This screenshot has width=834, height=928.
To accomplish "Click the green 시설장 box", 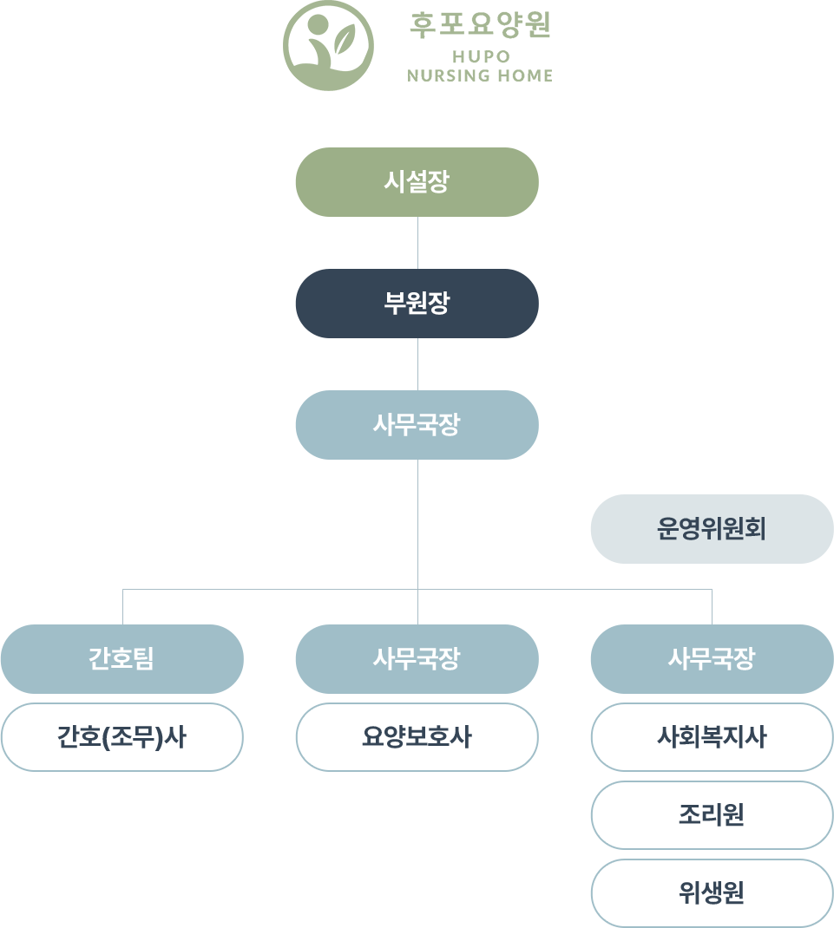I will (x=417, y=182).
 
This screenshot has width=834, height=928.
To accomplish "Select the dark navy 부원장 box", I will (x=417, y=304).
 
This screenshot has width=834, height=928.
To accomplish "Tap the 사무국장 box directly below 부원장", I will (x=417, y=425).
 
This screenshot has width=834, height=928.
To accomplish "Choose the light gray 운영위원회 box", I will (x=712, y=529).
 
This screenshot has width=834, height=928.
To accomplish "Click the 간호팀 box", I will (x=121, y=659).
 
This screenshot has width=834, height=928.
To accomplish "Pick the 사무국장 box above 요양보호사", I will (x=417, y=659).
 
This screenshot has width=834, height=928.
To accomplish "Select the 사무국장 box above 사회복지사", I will (x=712, y=659).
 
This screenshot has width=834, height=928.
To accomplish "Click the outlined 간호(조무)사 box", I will (x=121, y=737).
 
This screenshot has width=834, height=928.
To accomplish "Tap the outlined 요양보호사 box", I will (x=417, y=737).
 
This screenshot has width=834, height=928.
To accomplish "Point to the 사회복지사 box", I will (x=712, y=737).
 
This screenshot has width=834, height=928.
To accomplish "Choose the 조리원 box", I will (x=712, y=815).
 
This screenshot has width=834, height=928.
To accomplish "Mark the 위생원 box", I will (x=712, y=893).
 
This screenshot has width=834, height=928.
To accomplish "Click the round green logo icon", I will (x=328, y=46).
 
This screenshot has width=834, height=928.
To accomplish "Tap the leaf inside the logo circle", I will (x=345, y=38).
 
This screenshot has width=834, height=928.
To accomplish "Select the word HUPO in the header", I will (x=480, y=57).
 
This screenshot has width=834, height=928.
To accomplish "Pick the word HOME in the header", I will (x=525, y=75).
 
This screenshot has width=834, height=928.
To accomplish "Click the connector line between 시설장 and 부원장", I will (x=418, y=243).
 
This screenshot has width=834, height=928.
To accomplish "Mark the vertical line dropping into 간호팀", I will (x=122, y=607).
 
